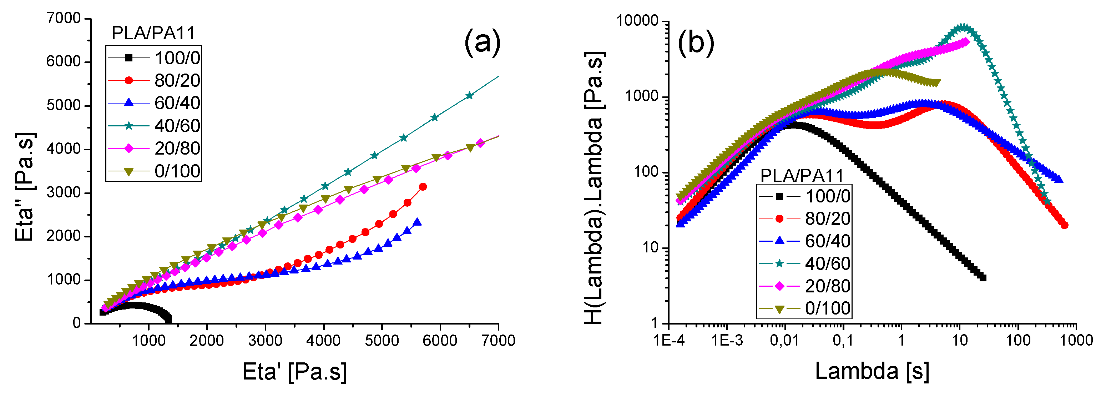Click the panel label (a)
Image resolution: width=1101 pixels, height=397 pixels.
[482, 43]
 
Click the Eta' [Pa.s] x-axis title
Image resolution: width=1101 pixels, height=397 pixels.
[294, 371]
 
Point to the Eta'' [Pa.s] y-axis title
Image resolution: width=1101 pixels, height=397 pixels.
[24, 187]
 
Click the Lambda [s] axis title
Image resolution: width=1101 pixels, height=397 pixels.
[872, 371]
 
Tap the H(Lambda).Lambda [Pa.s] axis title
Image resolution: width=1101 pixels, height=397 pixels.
[594, 188]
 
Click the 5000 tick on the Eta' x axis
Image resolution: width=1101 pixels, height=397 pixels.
[382, 341]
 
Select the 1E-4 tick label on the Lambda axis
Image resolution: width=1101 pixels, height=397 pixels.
[669, 341]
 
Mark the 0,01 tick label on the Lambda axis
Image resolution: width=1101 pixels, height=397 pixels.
[784, 341]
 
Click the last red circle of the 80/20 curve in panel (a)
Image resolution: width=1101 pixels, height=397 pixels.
[423, 187]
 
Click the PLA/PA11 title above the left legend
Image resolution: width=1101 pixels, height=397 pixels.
[153, 33]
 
